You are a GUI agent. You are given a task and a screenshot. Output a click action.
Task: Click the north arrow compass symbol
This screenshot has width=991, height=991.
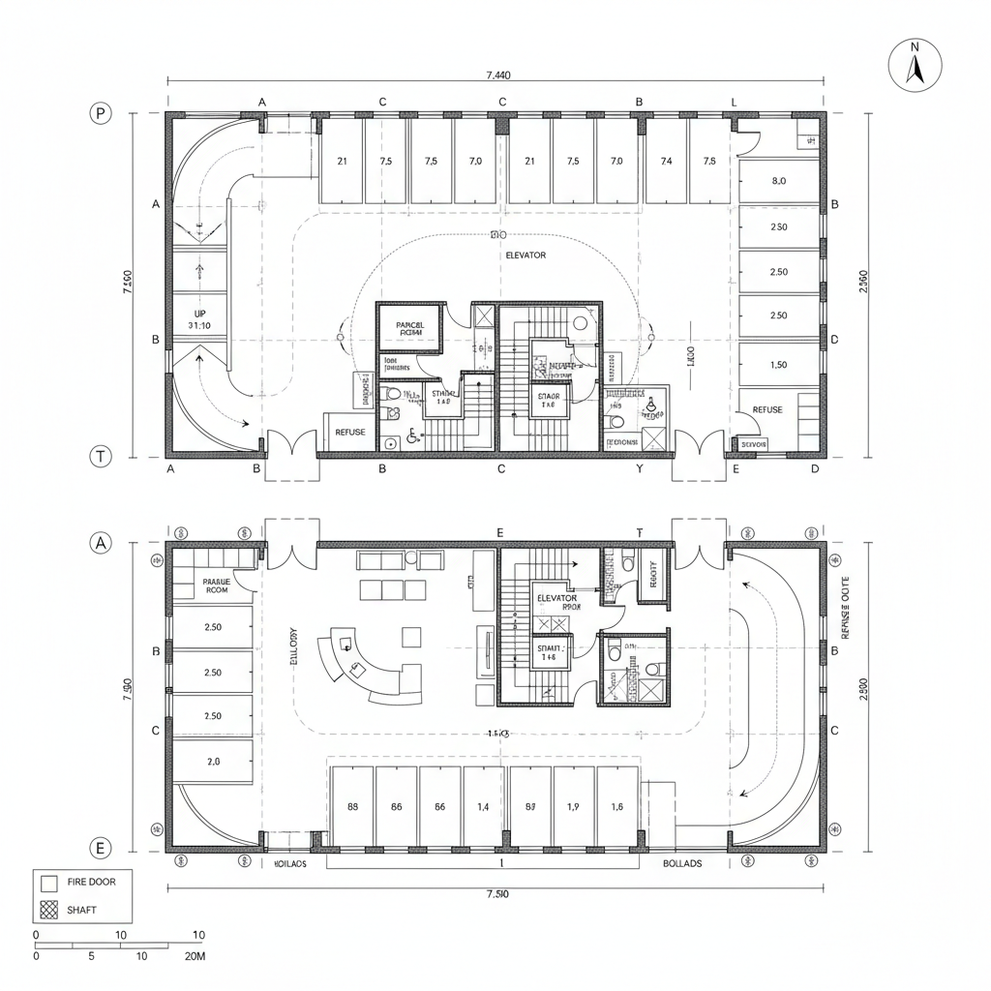coord(915,67)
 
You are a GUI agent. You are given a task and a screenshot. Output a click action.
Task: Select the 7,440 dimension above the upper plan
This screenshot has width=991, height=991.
coord(496,75)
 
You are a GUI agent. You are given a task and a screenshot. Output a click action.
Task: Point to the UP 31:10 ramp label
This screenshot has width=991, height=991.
coord(199,319)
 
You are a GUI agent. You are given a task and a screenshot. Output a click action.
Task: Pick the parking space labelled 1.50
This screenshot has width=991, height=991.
coord(778,365)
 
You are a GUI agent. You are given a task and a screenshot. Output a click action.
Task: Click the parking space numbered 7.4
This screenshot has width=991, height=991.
coord(665,162)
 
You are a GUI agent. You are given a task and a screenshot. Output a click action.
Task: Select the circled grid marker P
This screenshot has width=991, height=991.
coord(101,113)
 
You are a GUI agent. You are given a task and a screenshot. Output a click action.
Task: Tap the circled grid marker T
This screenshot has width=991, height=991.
coord(101,457)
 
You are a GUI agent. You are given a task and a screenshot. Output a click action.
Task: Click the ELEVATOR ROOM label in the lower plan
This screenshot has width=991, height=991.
coord(556,604)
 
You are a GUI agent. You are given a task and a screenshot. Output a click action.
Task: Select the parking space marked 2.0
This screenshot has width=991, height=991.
coord(214,762)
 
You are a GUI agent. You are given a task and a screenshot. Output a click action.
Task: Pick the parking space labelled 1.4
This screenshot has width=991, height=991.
coord(484,806)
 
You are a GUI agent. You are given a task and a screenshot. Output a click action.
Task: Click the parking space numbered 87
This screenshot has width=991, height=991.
coord(529,806)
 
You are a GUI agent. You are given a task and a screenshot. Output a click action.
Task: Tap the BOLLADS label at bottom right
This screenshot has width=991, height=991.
coord(682,863)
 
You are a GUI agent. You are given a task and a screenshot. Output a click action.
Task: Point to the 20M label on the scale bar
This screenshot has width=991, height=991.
coord(194,956)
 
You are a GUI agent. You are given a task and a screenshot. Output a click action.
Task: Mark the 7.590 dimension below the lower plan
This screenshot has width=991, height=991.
coord(495,893)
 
